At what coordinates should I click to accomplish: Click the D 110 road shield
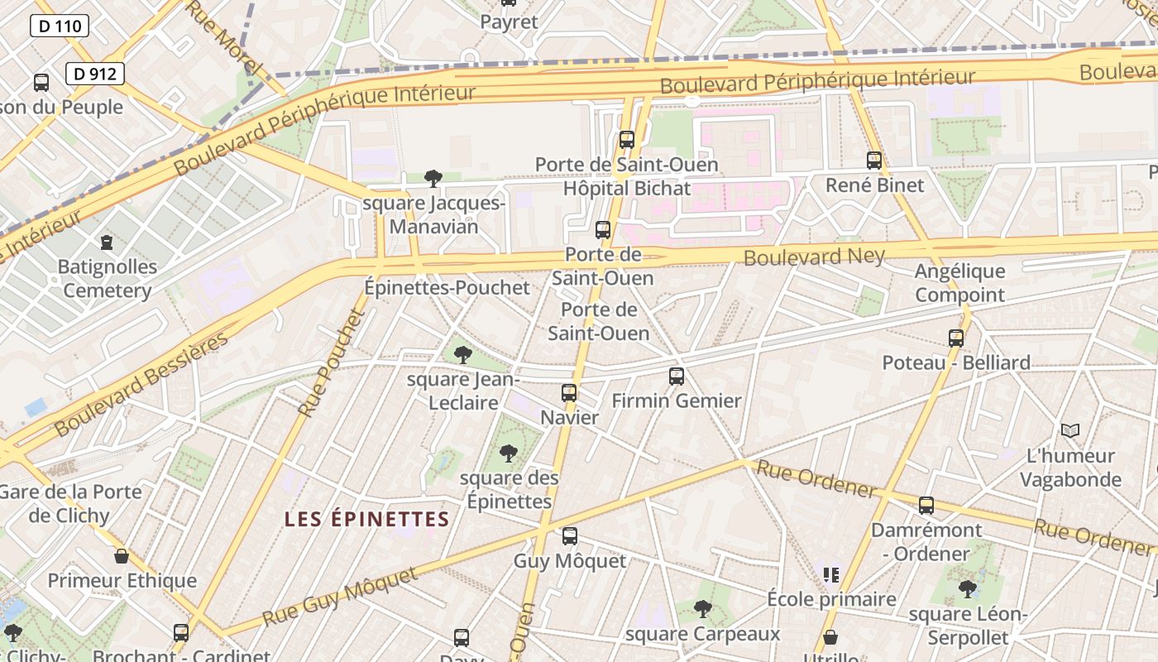[60, 26]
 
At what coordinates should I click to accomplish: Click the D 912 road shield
[94, 74]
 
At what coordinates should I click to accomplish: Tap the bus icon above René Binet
[874, 160]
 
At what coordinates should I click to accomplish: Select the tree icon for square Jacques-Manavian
[433, 178]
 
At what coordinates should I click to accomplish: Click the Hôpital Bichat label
[626, 189]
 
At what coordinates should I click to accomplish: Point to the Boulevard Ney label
[814, 257]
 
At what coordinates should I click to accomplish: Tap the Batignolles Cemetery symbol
[106, 242]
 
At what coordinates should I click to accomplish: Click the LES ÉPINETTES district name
[366, 520]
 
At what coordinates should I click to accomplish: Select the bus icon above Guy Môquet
[570, 536]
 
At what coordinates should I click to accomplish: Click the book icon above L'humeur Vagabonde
[1070, 430]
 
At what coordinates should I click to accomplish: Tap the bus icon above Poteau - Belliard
[956, 338]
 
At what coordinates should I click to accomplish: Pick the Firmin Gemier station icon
[677, 377]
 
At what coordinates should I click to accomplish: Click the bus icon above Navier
[569, 393]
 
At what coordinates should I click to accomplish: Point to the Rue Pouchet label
[332, 362]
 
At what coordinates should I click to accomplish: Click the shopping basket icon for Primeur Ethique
[122, 556]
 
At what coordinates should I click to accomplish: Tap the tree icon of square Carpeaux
[702, 609]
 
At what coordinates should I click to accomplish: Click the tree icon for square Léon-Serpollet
[967, 589]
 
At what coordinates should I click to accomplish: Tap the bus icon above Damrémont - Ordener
[926, 505]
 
